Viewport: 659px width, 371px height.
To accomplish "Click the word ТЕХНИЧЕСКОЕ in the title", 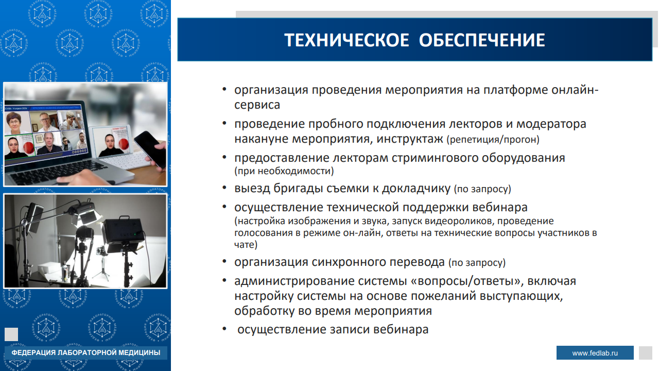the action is tap(346, 40).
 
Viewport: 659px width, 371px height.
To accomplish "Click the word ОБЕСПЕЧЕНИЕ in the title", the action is tap(482, 40).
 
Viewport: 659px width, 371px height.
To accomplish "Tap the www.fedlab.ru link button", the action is tap(595, 353).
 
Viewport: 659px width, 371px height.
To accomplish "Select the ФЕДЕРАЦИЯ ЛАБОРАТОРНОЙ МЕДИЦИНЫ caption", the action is tap(85, 352).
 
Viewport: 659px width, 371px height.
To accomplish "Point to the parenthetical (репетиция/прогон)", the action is tap(493, 140).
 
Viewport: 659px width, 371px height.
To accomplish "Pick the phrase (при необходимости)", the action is tap(284, 171).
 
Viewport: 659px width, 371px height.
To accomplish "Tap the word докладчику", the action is tap(416, 189).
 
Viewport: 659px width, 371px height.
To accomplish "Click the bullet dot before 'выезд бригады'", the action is tap(224, 188).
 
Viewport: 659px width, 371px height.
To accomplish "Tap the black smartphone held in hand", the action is tap(150, 149).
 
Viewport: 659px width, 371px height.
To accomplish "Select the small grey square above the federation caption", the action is tap(11, 334).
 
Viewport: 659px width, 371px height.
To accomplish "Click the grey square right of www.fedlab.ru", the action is tap(646, 353).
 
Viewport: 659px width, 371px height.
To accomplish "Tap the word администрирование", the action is tap(294, 281).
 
